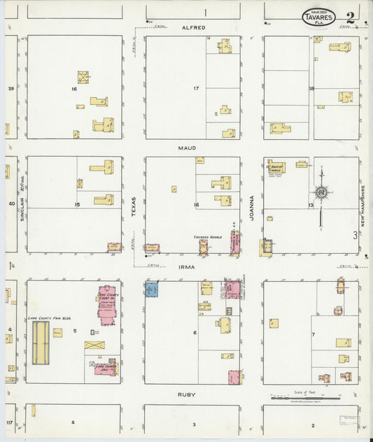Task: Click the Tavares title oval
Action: coord(318,17)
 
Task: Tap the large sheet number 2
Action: coord(349,15)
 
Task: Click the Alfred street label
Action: coord(193,28)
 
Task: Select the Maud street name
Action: coord(187,148)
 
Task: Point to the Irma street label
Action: coord(187,267)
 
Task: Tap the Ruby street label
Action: coord(187,394)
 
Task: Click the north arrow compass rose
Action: coord(321,190)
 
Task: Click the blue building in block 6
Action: coord(152,289)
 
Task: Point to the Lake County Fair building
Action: coord(41,343)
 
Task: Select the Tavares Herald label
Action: coord(207,238)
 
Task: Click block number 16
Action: coord(73,90)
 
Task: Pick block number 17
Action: coord(197,89)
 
